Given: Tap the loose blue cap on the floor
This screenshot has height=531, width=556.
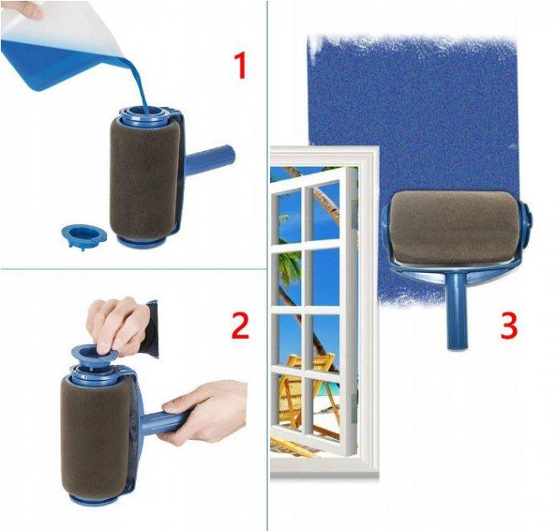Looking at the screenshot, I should pyautogui.click(x=84, y=233).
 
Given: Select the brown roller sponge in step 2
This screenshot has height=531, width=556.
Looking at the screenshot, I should pyautogui.click(x=93, y=430).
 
